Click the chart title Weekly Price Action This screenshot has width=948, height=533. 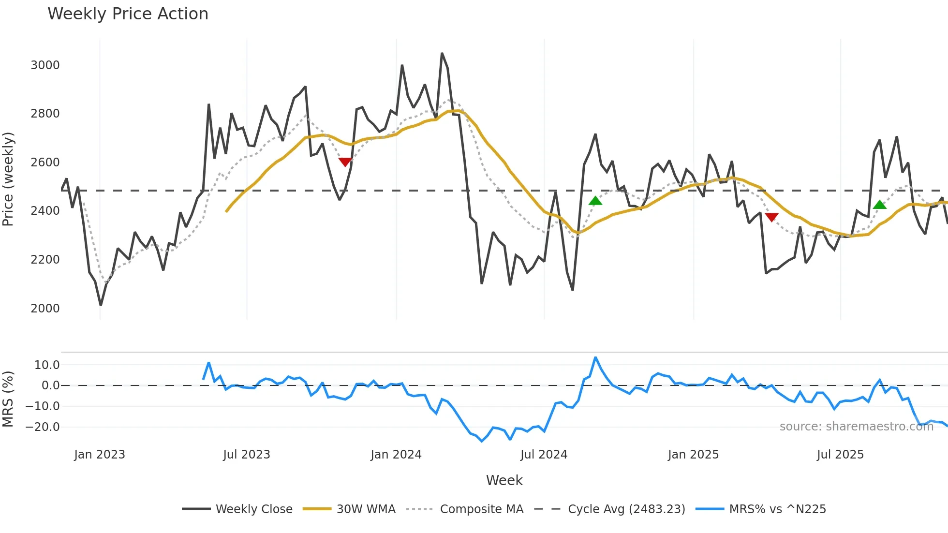[128, 14]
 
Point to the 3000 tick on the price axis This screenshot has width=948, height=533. [45, 65]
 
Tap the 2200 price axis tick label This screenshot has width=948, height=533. [45, 260]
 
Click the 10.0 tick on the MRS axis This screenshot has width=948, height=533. [47, 365]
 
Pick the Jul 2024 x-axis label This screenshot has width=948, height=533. [544, 455]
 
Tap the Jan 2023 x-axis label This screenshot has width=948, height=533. [100, 455]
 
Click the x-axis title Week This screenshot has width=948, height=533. [504, 480]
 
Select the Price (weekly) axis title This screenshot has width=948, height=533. [8, 179]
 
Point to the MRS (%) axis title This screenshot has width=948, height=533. [8, 399]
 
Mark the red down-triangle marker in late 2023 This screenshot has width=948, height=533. [345, 162]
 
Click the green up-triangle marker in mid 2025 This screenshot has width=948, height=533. [880, 205]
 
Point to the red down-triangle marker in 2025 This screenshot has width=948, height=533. [772, 217]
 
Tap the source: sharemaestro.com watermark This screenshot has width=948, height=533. [856, 427]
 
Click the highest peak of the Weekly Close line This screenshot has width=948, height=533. [442, 54]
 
